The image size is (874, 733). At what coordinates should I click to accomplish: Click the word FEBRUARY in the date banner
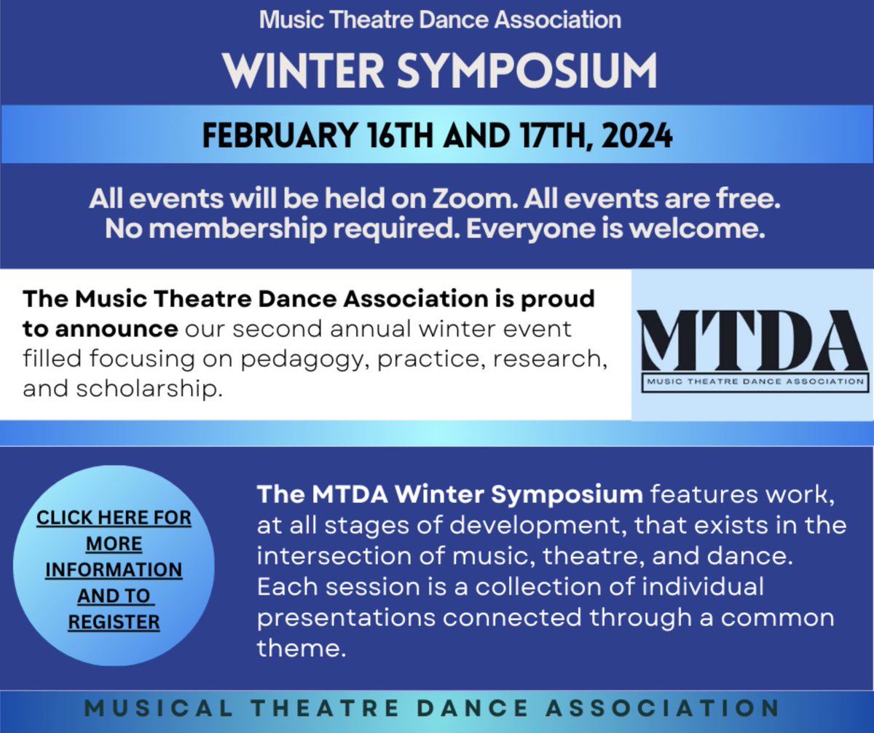point(274,135)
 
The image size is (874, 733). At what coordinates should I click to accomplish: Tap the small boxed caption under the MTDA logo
point(752,381)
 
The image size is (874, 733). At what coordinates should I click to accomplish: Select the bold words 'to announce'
point(100,329)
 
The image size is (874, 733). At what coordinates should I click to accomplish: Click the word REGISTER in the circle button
point(114,622)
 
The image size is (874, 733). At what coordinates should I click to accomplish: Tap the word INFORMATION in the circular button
point(114,569)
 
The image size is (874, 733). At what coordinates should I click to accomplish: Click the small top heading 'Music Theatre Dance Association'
point(441,20)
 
